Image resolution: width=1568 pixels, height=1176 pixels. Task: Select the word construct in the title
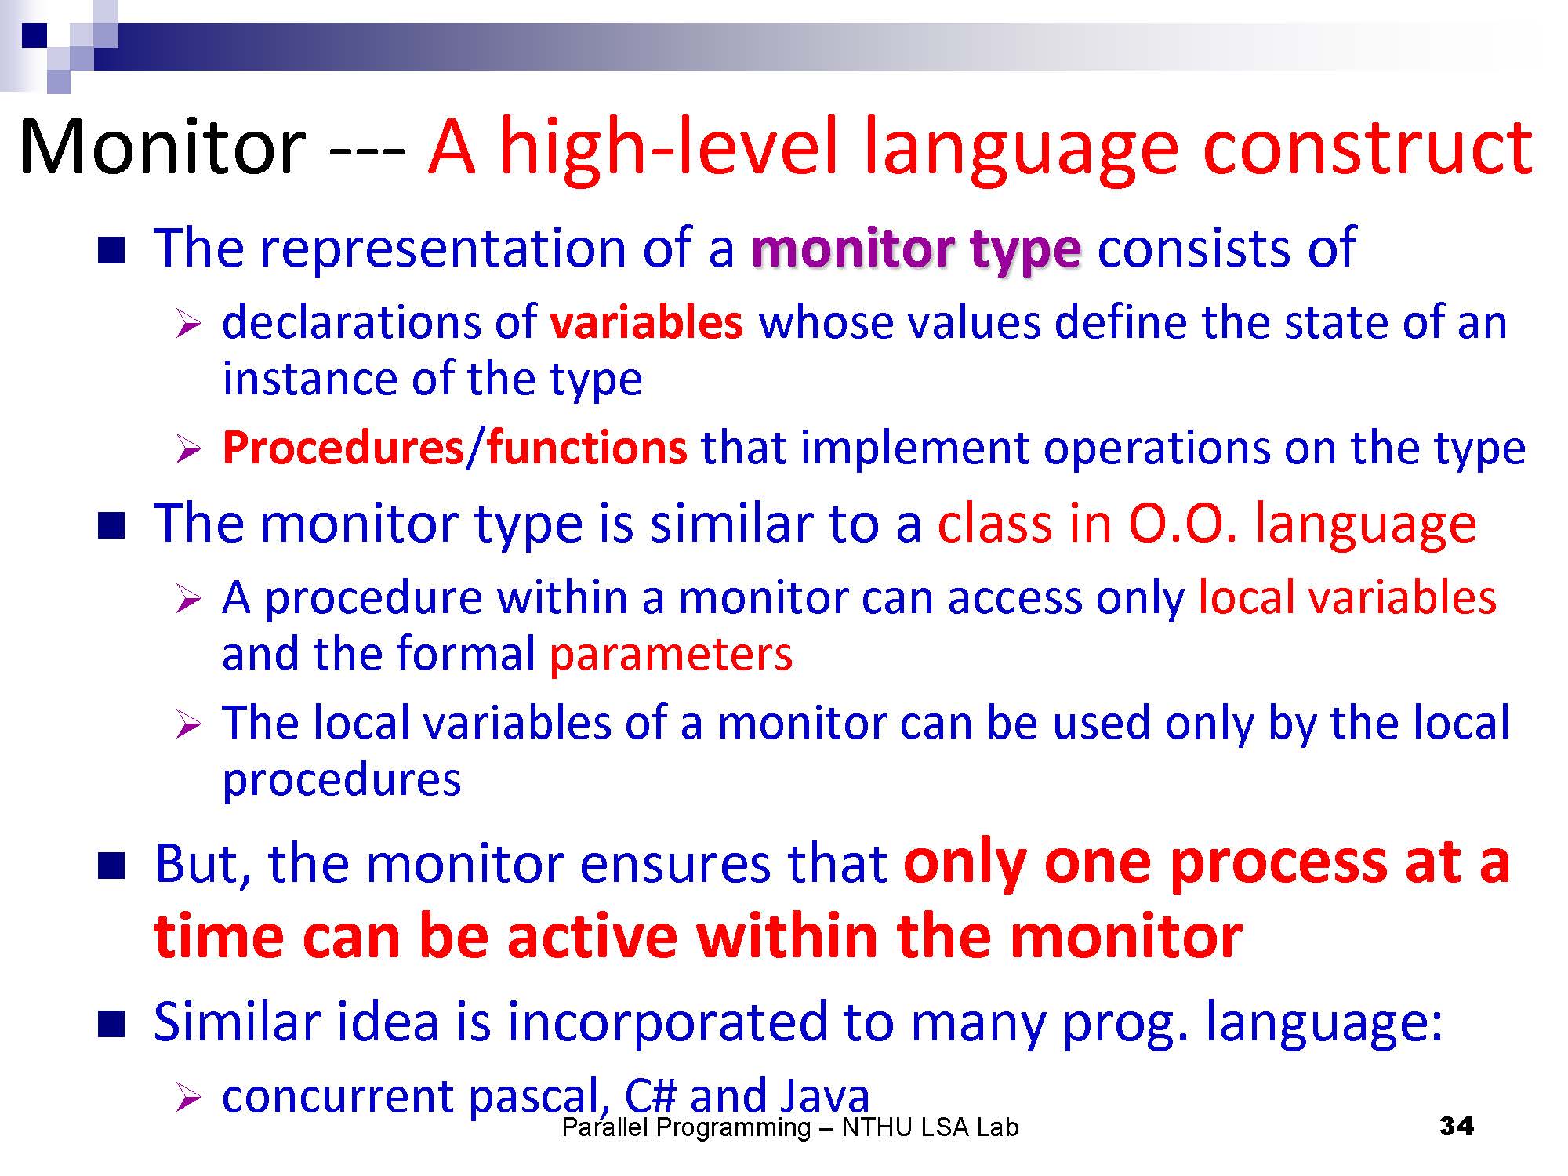point(1367,147)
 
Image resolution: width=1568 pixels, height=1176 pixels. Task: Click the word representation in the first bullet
point(445,249)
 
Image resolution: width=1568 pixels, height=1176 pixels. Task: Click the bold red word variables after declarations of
point(646,322)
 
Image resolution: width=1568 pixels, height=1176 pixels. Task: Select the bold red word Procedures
point(343,448)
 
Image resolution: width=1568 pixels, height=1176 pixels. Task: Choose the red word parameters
point(671,655)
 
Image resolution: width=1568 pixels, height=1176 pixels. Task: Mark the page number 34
point(1457,1127)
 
